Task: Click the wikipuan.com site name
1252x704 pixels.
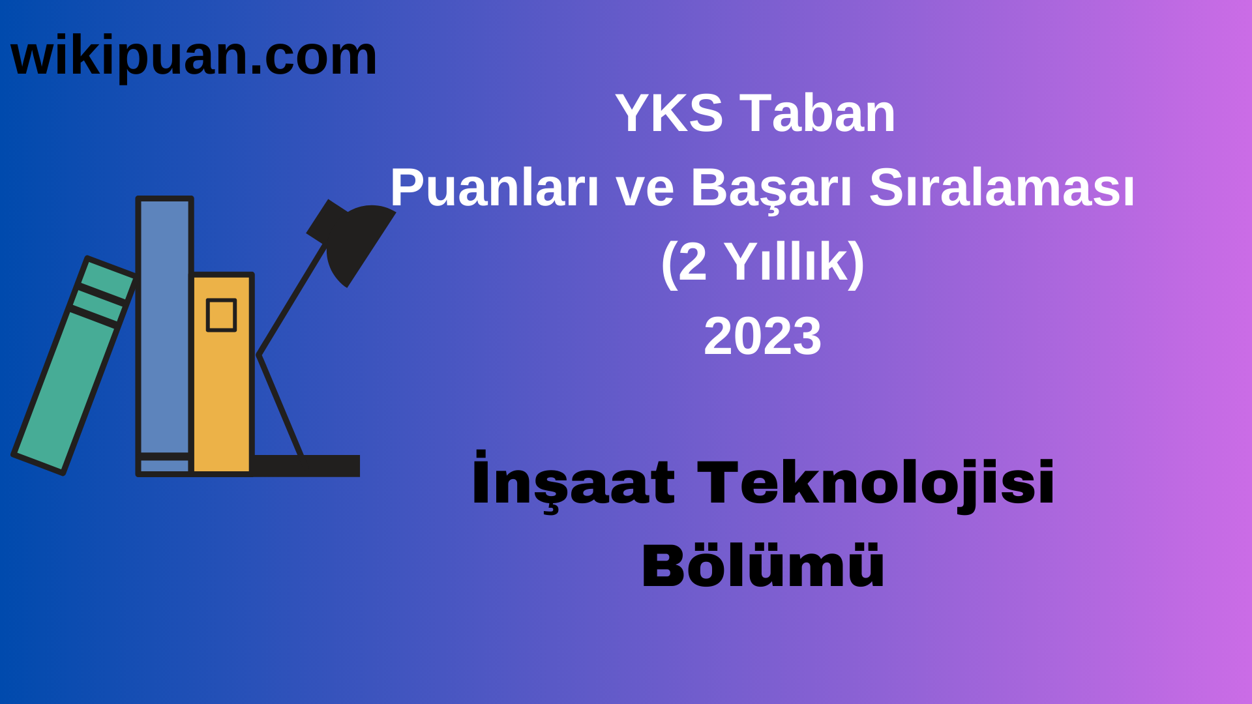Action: point(194,57)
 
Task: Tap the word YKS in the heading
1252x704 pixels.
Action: point(668,113)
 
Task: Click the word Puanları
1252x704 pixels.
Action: point(494,188)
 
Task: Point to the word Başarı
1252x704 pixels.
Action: point(771,188)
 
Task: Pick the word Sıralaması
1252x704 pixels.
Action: point(1002,188)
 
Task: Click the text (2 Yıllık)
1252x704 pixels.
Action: point(762,262)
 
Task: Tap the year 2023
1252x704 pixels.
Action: point(762,336)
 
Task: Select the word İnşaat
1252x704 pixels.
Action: point(573,483)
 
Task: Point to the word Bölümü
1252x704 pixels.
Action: point(762,566)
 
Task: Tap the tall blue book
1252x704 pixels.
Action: point(164,326)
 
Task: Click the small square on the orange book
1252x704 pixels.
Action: point(221,315)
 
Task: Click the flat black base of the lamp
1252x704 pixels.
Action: point(306,466)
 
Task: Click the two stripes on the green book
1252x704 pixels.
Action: point(101,300)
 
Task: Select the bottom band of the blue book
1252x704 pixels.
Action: point(164,465)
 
